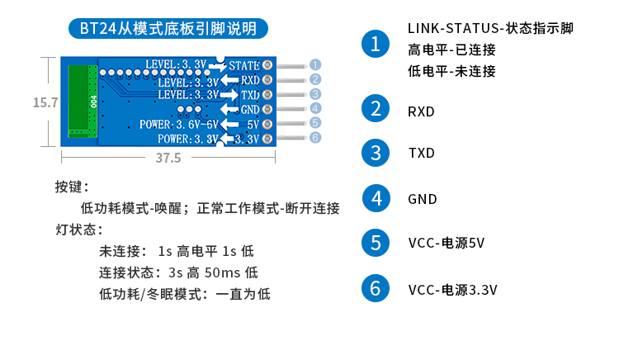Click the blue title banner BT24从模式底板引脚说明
tap(168, 28)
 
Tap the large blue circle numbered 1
tap(376, 44)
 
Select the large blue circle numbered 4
tap(376, 198)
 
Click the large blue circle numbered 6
tap(376, 288)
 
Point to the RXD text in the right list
tap(421, 111)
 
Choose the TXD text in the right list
tap(421, 154)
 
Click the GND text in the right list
tap(422, 199)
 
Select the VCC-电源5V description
tap(446, 244)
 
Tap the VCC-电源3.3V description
tap(452, 289)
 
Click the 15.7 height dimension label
tap(45, 102)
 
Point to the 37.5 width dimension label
tap(168, 158)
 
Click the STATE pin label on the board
tap(244, 64)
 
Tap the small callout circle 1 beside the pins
tap(314, 64)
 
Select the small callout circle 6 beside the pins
tap(314, 138)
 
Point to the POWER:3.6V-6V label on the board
tap(179, 124)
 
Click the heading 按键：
tap(73, 187)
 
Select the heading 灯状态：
tap(78, 229)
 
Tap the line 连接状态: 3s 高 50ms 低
tap(178, 272)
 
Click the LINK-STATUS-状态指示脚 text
tap(490, 29)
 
